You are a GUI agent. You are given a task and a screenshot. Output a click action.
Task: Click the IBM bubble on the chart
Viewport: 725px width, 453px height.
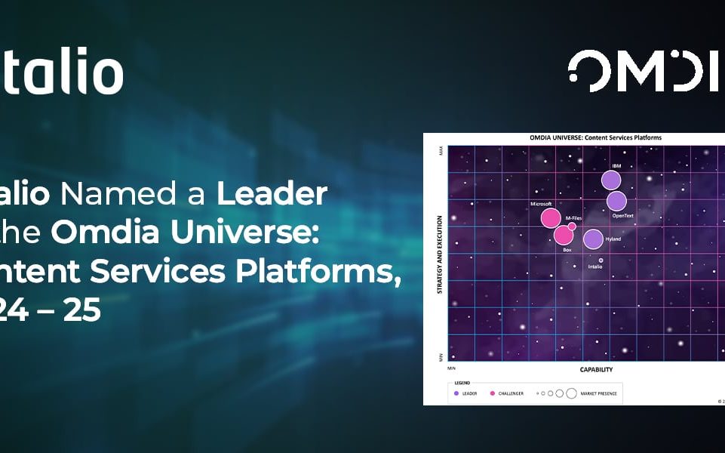[x=611, y=180]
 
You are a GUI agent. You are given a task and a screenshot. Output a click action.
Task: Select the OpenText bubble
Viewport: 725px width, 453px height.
[x=617, y=201]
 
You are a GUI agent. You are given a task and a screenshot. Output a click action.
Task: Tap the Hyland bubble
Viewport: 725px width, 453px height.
[x=593, y=239]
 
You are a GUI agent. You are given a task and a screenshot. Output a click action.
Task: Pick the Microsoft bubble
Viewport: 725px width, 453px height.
[x=551, y=218]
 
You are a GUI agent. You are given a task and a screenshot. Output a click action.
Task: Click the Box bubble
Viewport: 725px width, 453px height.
[x=564, y=235]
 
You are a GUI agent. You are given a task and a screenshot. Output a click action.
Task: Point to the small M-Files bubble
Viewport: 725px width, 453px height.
[x=572, y=226]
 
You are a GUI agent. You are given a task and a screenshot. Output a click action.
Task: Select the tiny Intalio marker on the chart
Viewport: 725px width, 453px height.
[x=601, y=260]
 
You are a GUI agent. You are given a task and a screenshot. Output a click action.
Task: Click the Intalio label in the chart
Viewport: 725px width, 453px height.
[x=595, y=267]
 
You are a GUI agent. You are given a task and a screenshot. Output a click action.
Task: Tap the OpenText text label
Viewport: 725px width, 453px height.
[x=623, y=215]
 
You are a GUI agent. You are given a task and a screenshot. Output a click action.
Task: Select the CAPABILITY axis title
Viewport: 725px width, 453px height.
[x=596, y=370]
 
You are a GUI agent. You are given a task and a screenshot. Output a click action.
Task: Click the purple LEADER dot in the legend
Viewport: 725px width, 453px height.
[x=456, y=393]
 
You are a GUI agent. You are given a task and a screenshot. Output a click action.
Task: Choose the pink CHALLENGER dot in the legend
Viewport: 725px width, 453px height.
[x=493, y=393]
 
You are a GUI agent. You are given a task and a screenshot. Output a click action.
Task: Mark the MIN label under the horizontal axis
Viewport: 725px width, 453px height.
[x=451, y=368]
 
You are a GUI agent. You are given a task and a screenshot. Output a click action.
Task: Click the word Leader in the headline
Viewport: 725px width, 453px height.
[x=272, y=194]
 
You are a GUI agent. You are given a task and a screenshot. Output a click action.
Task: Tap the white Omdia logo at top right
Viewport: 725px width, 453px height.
[x=645, y=72]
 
